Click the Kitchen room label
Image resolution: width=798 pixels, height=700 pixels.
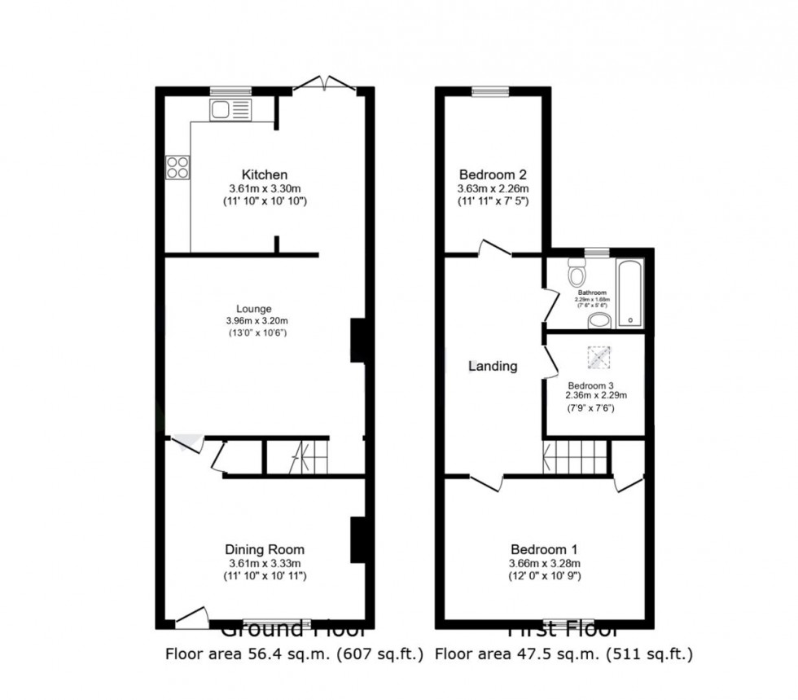(264, 174)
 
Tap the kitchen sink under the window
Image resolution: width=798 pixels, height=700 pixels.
(231, 110)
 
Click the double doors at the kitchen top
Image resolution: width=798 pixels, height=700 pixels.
(324, 83)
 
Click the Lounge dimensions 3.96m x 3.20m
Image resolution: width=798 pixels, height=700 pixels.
(256, 321)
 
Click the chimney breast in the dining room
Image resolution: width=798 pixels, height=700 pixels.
(357, 539)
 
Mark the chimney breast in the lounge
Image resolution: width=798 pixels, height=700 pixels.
(357, 340)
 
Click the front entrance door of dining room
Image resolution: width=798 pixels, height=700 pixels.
(192, 618)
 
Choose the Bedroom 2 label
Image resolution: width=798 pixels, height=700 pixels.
(493, 174)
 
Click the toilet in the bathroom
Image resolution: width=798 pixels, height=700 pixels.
(578, 272)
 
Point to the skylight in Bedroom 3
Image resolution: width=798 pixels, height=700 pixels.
(598, 356)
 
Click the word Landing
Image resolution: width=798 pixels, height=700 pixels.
(493, 366)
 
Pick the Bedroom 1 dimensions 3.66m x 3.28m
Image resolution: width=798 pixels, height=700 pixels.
(545, 563)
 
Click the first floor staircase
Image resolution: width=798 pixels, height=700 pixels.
(575, 457)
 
